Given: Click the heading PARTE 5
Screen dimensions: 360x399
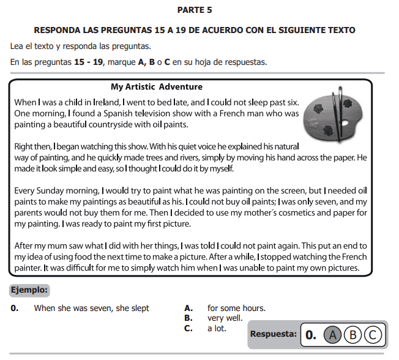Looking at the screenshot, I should tap(195, 10).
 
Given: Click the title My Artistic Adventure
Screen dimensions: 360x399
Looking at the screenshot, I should tap(157, 87).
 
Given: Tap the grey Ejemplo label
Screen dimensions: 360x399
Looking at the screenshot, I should tap(29, 290).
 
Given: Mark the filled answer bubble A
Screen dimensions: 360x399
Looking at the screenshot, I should tap(332, 334).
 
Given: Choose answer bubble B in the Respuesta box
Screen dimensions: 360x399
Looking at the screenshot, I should tap(352, 334).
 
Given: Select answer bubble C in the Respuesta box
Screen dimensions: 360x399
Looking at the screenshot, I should tap(373, 334).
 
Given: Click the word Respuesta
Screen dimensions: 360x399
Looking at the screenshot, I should tap(274, 334).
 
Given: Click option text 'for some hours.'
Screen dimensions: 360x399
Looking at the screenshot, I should tap(236, 308).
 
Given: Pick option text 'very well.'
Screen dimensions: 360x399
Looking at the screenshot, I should tap(225, 318).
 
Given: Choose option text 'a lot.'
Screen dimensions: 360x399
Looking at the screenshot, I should tap(217, 328).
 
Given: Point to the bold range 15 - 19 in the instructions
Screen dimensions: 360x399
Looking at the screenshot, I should tap(89, 62).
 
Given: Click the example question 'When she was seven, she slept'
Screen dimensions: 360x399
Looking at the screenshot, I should tap(92, 308).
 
